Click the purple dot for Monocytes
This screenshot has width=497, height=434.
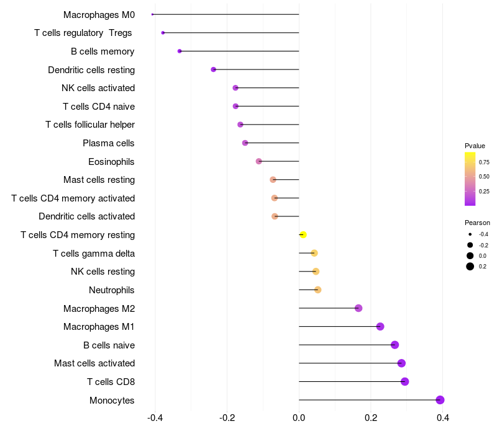point(440,400)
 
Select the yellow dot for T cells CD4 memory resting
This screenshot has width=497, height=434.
point(303,235)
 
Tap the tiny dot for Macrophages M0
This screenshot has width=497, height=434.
point(152,14)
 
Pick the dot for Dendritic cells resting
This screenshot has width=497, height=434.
point(213,69)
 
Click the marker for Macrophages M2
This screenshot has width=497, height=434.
point(358,308)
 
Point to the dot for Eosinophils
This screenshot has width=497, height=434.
point(258,161)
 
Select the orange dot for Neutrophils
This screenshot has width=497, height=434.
point(318,290)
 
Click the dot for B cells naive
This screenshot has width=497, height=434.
point(394,345)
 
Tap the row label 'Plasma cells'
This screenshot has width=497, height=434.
point(108,143)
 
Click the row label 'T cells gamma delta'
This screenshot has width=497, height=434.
point(94,254)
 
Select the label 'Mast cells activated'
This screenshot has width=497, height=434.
point(94,363)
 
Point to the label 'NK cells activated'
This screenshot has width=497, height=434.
point(98,88)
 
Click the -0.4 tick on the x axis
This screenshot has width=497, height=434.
point(155,418)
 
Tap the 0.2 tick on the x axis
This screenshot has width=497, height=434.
point(371,418)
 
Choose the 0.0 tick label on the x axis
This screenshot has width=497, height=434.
point(299,418)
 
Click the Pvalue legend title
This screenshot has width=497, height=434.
point(475,146)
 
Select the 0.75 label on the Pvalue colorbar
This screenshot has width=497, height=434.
point(484,162)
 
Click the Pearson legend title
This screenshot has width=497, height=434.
point(477,223)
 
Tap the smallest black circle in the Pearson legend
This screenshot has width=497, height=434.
point(470,234)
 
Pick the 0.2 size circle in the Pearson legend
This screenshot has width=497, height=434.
point(470,267)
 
